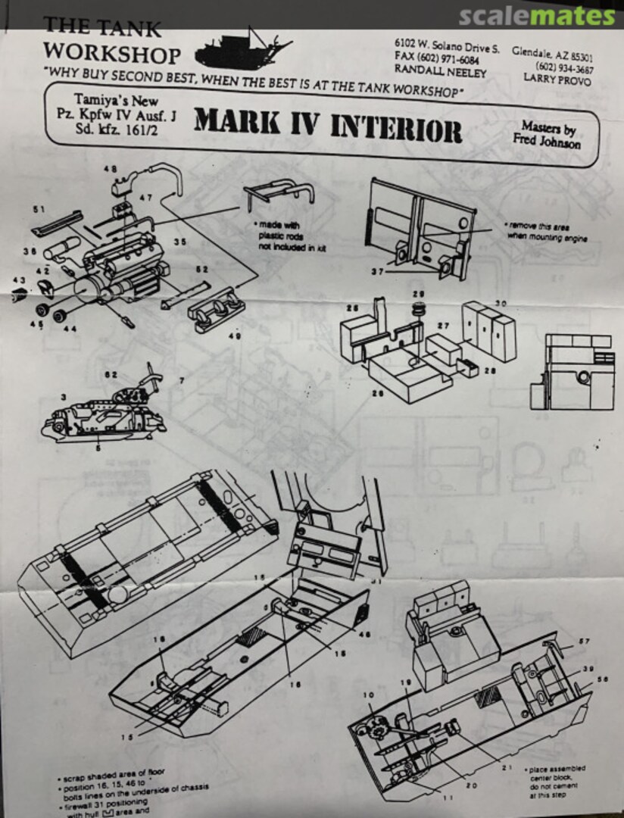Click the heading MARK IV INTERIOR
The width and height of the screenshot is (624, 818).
(327, 126)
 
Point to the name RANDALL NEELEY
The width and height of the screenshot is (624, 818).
(441, 73)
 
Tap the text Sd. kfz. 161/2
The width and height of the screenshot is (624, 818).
(120, 126)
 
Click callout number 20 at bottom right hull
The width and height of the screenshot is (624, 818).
(471, 786)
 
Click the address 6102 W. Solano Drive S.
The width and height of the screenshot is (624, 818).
(447, 48)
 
